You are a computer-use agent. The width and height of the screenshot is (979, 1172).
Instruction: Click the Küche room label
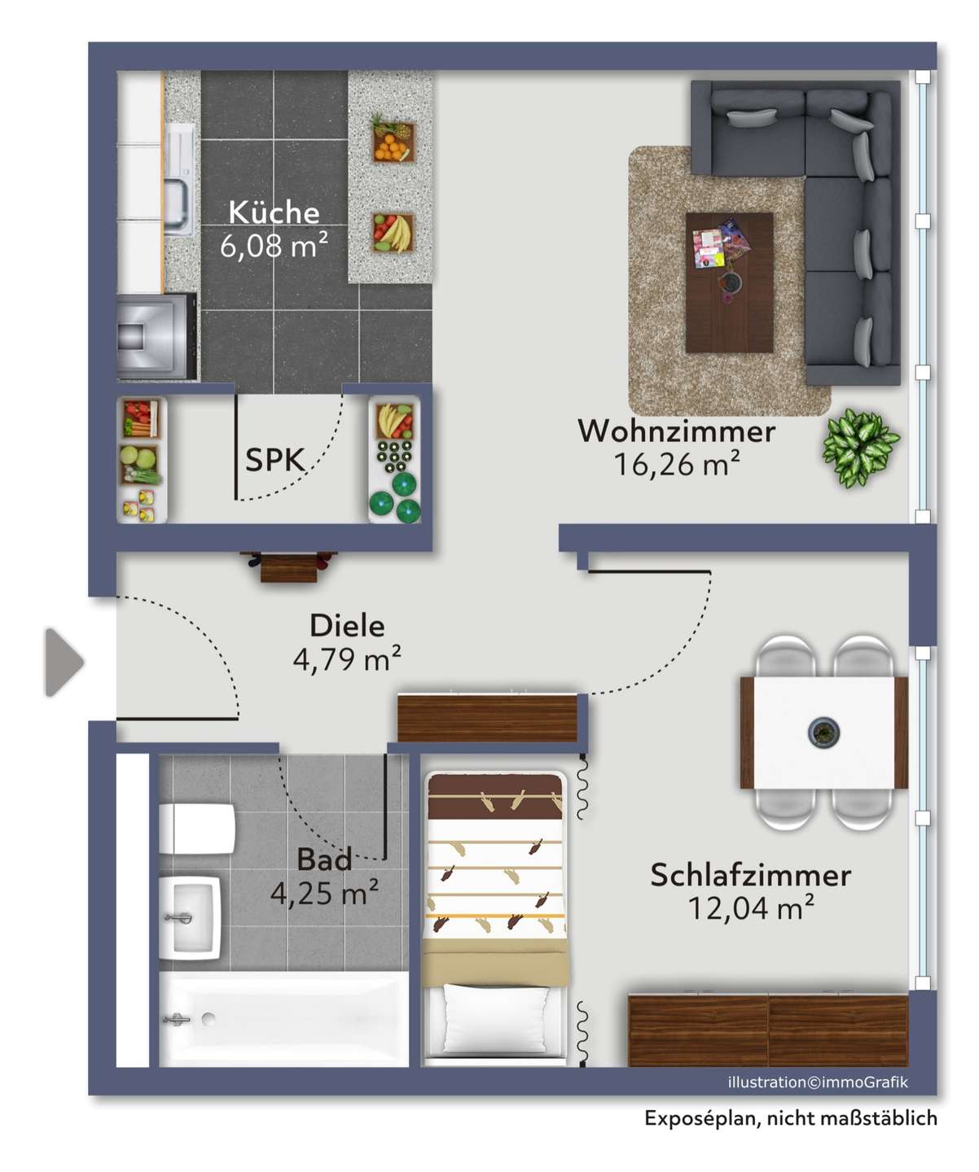pyautogui.click(x=274, y=212)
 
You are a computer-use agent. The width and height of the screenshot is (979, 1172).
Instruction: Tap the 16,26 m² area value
pyautogui.click(x=676, y=464)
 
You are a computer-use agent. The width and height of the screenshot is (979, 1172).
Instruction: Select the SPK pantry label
pyautogui.click(x=274, y=460)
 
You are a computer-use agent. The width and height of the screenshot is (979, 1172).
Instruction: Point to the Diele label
pyautogui.click(x=347, y=625)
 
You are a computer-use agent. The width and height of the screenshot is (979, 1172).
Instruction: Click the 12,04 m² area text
pyautogui.click(x=751, y=907)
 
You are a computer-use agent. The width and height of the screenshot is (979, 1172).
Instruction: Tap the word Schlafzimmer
pyautogui.click(x=750, y=875)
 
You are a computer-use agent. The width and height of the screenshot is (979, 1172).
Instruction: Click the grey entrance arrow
pyautogui.click(x=64, y=663)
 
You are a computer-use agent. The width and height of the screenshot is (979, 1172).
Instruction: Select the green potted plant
pyautogui.click(x=860, y=448)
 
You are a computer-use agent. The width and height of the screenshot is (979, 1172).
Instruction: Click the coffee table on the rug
pyautogui.click(x=729, y=282)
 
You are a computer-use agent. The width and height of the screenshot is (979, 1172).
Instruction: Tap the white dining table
pyautogui.click(x=823, y=732)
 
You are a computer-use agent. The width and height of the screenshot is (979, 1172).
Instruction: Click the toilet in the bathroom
pyautogui.click(x=196, y=829)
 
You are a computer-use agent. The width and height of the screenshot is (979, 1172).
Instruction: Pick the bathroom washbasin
pyautogui.click(x=189, y=918)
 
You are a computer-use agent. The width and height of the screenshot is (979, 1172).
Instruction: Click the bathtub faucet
pyautogui.click(x=177, y=1019)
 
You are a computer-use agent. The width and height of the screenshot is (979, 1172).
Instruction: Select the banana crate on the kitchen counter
pyautogui.click(x=393, y=233)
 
